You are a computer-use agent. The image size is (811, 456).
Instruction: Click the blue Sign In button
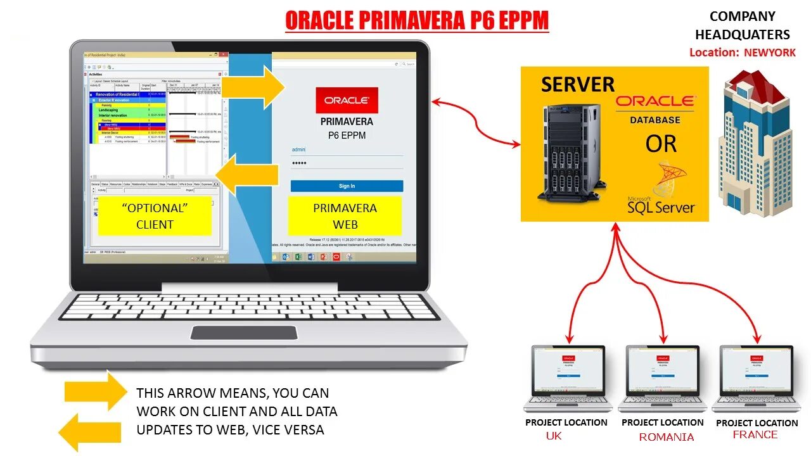(x=347, y=186)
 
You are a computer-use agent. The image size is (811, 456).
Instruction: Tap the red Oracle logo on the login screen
(x=347, y=100)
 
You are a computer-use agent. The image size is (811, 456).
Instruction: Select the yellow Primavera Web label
(x=345, y=216)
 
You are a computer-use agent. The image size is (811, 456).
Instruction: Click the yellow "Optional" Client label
(x=155, y=216)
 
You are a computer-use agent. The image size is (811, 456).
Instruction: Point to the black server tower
(x=568, y=152)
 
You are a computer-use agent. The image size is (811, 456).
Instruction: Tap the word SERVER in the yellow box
(x=577, y=85)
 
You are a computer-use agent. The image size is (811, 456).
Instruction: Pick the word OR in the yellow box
(x=661, y=144)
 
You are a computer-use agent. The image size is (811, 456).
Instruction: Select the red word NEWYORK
(x=769, y=53)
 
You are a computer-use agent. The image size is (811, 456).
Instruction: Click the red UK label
(x=554, y=436)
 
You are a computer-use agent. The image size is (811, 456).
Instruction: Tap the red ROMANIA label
(x=666, y=437)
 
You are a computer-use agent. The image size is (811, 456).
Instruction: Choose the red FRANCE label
(x=755, y=434)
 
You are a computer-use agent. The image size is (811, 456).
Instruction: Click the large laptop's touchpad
(x=244, y=332)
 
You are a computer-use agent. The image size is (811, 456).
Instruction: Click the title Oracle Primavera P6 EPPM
(x=416, y=21)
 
